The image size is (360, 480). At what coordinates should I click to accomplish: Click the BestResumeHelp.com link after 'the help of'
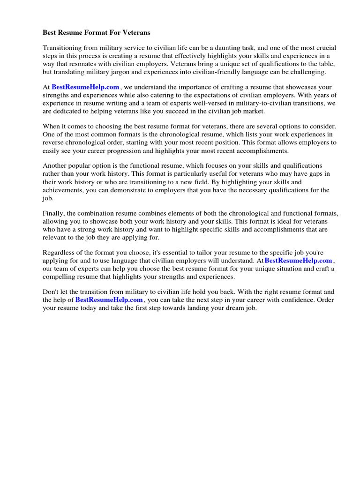pyautogui.click(x=109, y=300)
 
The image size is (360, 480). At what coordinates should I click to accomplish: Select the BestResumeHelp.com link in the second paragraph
pyautogui.click(x=85, y=87)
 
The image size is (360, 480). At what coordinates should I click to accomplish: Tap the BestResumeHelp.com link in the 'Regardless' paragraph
pyautogui.click(x=299, y=260)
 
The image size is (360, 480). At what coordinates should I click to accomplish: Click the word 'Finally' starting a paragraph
pyautogui.click(x=53, y=213)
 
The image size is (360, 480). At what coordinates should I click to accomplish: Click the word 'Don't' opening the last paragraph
pyautogui.click(x=51, y=292)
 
